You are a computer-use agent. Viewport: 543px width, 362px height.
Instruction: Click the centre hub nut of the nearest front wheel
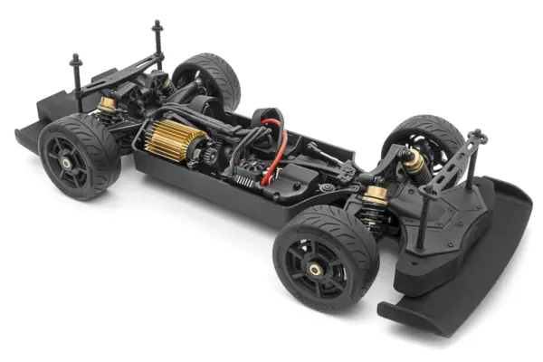tap(315, 269)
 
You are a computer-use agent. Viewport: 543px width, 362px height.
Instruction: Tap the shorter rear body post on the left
tap(75, 61)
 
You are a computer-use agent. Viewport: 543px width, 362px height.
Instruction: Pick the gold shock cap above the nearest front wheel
tap(376, 192)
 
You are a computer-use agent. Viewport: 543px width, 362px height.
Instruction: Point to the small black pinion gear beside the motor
tap(210, 154)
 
